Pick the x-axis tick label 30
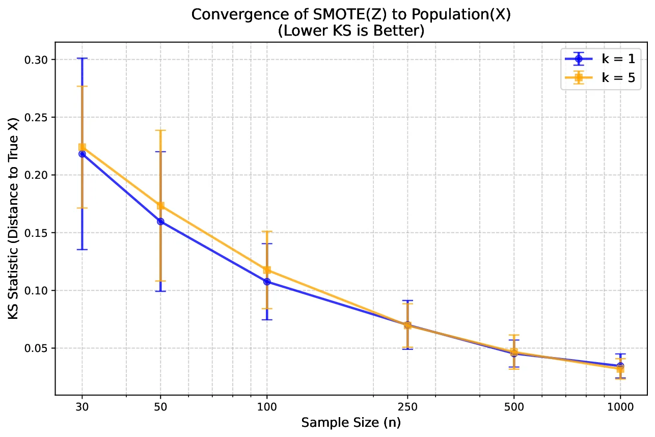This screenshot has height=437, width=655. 81,407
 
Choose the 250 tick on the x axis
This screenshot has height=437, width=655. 407,407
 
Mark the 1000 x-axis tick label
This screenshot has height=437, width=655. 620,407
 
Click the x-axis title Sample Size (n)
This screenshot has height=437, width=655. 351,423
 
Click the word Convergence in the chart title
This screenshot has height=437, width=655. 224,15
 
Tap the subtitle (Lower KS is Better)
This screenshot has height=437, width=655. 351,31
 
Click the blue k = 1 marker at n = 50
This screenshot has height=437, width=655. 160,222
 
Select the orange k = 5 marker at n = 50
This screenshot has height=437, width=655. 160,206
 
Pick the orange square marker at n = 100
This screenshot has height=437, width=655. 267,270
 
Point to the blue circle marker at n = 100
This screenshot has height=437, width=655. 267,282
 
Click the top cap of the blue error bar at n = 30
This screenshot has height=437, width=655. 81,59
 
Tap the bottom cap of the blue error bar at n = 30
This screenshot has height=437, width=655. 81,250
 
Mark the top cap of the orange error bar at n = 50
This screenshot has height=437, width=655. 160,130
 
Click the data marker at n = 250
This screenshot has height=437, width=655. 407,325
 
